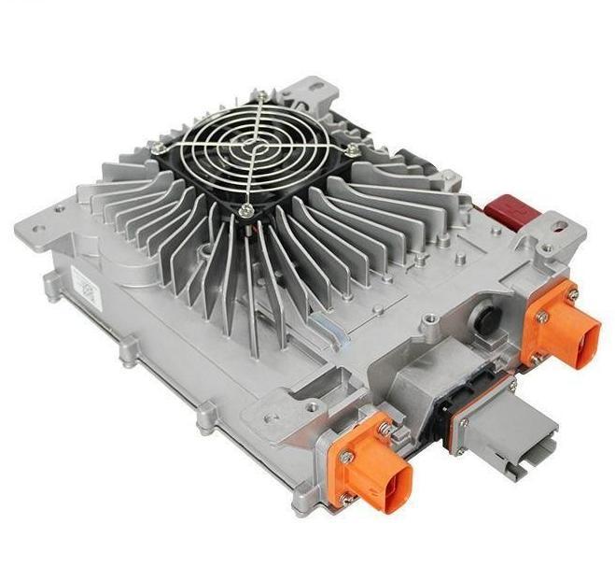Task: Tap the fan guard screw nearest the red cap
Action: click(351, 149)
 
